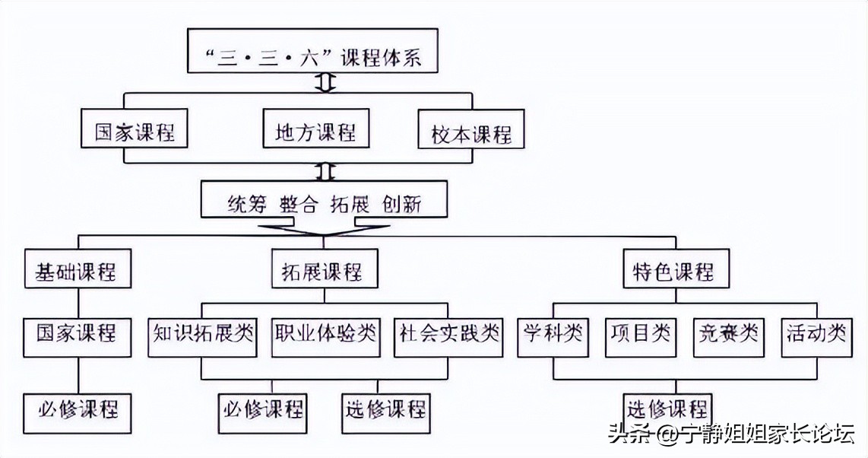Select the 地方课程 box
coord(315,132)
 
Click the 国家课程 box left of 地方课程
coord(135,132)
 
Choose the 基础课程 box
coord(75,271)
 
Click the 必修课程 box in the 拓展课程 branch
coord(263,409)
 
